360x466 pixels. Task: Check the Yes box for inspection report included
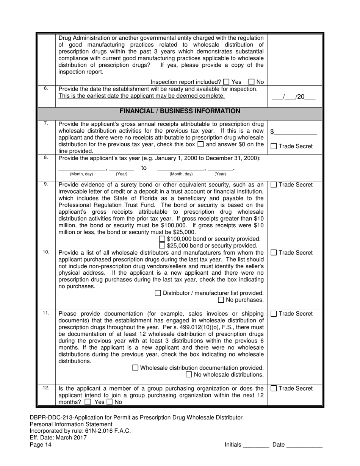pyautogui.click(x=226, y=82)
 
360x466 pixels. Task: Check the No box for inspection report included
pyautogui.click(x=252, y=82)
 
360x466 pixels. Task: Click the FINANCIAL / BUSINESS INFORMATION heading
pyautogui.click(x=180, y=111)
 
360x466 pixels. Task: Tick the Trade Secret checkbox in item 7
pyautogui.click(x=274, y=147)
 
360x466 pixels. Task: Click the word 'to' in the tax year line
pyautogui.click(x=144, y=168)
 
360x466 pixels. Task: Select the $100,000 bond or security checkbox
pyautogui.click(x=162, y=239)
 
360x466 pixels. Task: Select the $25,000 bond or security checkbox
pyautogui.click(x=162, y=246)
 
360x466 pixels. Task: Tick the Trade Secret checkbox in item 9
pyautogui.click(x=274, y=185)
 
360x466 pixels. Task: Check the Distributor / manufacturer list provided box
pyautogui.click(x=158, y=293)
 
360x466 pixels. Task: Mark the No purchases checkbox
pyautogui.click(x=221, y=300)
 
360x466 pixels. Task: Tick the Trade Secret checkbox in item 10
pyautogui.click(x=274, y=253)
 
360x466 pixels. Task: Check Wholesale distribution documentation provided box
pyautogui.click(x=135, y=368)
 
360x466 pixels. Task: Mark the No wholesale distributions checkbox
pyautogui.click(x=189, y=375)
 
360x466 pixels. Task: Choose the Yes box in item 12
pyautogui.click(x=88, y=402)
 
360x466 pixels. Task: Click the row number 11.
pyautogui.click(x=46, y=313)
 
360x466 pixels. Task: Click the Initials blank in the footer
pyautogui.click(x=256, y=445)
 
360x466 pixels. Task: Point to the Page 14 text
pyautogui.click(x=41, y=445)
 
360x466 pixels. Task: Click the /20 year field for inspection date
pyautogui.click(x=305, y=97)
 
